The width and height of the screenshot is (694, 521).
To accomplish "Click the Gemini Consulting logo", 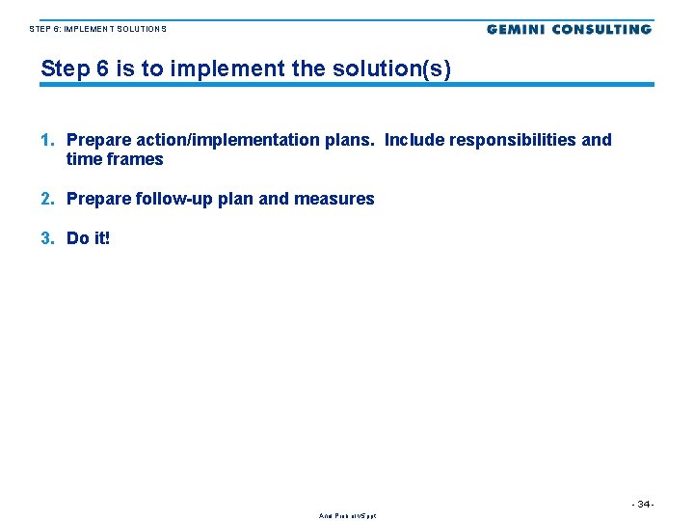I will click(x=569, y=29).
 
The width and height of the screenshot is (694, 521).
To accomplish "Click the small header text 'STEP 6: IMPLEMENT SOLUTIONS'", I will click(x=97, y=29).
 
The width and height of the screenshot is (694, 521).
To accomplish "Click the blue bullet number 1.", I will click(x=47, y=140).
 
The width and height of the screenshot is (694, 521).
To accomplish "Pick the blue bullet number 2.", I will click(x=47, y=199).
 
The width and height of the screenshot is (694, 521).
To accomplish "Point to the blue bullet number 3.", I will click(x=47, y=237).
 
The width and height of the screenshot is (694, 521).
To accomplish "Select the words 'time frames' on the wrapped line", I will click(x=115, y=159).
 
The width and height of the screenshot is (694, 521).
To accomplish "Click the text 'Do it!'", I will click(x=89, y=237).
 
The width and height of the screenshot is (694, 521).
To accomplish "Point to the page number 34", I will click(x=643, y=505).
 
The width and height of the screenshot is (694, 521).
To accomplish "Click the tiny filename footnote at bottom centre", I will click(x=348, y=516).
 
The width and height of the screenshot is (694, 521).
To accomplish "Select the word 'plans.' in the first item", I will click(x=349, y=140).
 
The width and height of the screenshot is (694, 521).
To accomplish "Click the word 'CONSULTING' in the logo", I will click(x=600, y=29).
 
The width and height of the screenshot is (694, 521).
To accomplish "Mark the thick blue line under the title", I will click(x=347, y=85).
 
